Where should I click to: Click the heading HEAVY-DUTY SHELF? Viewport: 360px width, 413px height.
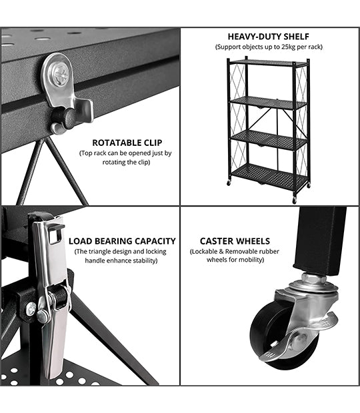click(x=268, y=37)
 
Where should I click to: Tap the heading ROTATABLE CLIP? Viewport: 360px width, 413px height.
click(x=127, y=143)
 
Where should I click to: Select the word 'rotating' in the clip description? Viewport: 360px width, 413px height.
click(x=117, y=162)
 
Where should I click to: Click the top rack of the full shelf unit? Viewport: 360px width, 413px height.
click(x=268, y=62)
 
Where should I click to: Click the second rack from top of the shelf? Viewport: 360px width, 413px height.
click(x=267, y=102)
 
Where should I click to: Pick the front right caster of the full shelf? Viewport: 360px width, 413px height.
click(x=294, y=200)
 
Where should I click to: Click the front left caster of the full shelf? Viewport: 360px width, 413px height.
click(x=229, y=183)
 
